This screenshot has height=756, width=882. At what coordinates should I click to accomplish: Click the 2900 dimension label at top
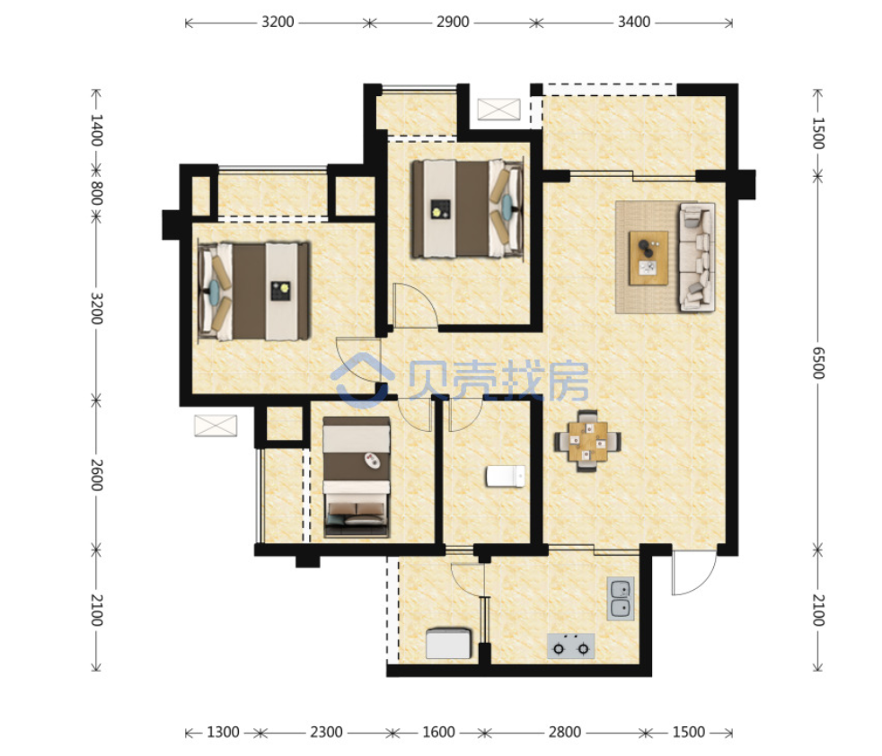pyautogui.click(x=453, y=22)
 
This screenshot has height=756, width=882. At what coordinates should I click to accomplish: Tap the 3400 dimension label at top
pyautogui.click(x=634, y=22)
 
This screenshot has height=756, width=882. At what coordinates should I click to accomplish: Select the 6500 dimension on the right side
pyautogui.click(x=818, y=363)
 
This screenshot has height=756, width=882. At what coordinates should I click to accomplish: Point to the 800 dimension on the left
pyautogui.click(x=97, y=193)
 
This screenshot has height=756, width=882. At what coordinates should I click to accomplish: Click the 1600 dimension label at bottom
pyautogui.click(x=438, y=732)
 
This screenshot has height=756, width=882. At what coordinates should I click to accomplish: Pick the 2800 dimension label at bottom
pyautogui.click(x=565, y=732)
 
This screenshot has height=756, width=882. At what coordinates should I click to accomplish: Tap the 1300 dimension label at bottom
pyautogui.click(x=224, y=732)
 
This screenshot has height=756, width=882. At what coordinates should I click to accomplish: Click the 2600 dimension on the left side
pyautogui.click(x=97, y=475)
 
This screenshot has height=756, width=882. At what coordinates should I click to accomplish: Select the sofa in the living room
pyautogui.click(x=698, y=257)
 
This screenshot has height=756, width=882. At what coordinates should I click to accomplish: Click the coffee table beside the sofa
pyautogui.click(x=648, y=258)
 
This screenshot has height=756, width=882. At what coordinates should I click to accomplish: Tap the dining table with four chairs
pyautogui.click(x=587, y=441)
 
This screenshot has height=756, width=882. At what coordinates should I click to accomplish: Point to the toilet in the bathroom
pyautogui.click(x=506, y=476)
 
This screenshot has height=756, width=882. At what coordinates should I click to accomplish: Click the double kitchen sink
pyautogui.click(x=621, y=599)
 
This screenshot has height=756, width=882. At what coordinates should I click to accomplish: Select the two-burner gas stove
pyautogui.click(x=571, y=646)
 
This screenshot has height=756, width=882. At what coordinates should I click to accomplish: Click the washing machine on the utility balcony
pyautogui.click(x=448, y=644)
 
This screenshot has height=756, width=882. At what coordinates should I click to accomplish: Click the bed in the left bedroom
pyautogui.click(x=254, y=292)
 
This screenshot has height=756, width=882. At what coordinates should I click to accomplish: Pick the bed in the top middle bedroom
pyautogui.click(x=468, y=209)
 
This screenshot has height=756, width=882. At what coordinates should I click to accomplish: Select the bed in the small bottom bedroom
pyautogui.click(x=357, y=477)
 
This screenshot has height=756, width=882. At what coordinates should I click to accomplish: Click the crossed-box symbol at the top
pyautogui.click(x=499, y=110)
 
